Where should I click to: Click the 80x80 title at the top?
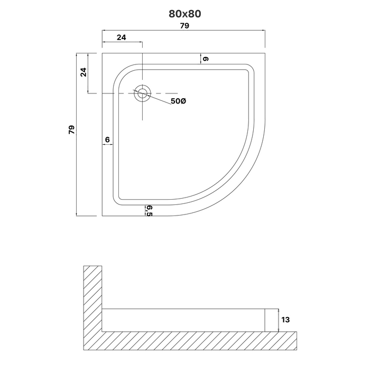185,14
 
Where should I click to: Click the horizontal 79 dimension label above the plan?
184,25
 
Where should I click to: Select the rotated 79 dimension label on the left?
71,129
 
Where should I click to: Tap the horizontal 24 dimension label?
121,38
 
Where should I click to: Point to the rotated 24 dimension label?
84,72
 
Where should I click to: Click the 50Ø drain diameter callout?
178,101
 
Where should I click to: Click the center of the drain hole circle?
142,93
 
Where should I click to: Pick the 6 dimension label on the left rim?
107,139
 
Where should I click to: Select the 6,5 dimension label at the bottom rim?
149,211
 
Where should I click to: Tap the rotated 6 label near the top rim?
206,59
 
